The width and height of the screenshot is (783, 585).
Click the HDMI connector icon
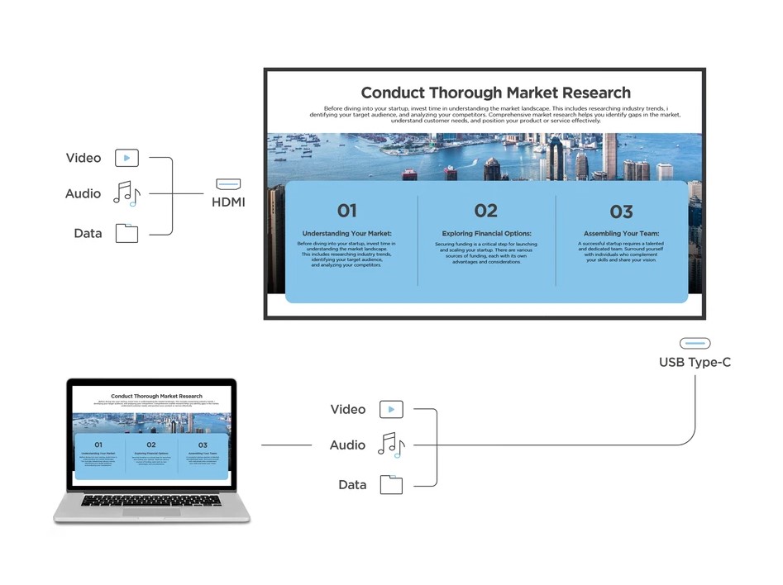(x=228, y=184)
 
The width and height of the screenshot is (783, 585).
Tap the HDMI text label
(x=228, y=202)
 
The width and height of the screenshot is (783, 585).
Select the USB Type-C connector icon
(x=695, y=343)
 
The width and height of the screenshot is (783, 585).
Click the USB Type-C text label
(x=695, y=362)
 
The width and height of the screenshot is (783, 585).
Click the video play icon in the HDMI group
(x=127, y=158)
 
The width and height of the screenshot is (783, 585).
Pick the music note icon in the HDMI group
(x=127, y=193)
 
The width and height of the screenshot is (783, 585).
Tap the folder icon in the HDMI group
(x=127, y=233)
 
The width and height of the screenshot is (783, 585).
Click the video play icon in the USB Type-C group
(x=391, y=409)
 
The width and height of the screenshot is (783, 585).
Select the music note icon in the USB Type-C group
(x=391, y=445)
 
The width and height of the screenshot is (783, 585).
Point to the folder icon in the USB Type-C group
(x=391, y=484)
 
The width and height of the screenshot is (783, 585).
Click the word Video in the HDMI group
(x=84, y=158)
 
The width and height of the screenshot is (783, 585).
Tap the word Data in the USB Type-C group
(x=352, y=485)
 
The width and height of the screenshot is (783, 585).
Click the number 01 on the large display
(x=346, y=212)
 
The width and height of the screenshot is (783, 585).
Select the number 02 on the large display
(x=485, y=212)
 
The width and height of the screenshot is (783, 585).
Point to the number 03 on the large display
(x=621, y=212)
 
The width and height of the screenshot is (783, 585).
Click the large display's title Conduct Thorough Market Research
(x=495, y=93)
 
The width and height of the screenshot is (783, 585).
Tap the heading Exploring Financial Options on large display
(x=486, y=234)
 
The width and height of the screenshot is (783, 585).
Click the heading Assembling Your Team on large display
(x=621, y=234)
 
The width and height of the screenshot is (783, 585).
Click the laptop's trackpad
(x=151, y=512)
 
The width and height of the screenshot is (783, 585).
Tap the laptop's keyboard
(x=151, y=500)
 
